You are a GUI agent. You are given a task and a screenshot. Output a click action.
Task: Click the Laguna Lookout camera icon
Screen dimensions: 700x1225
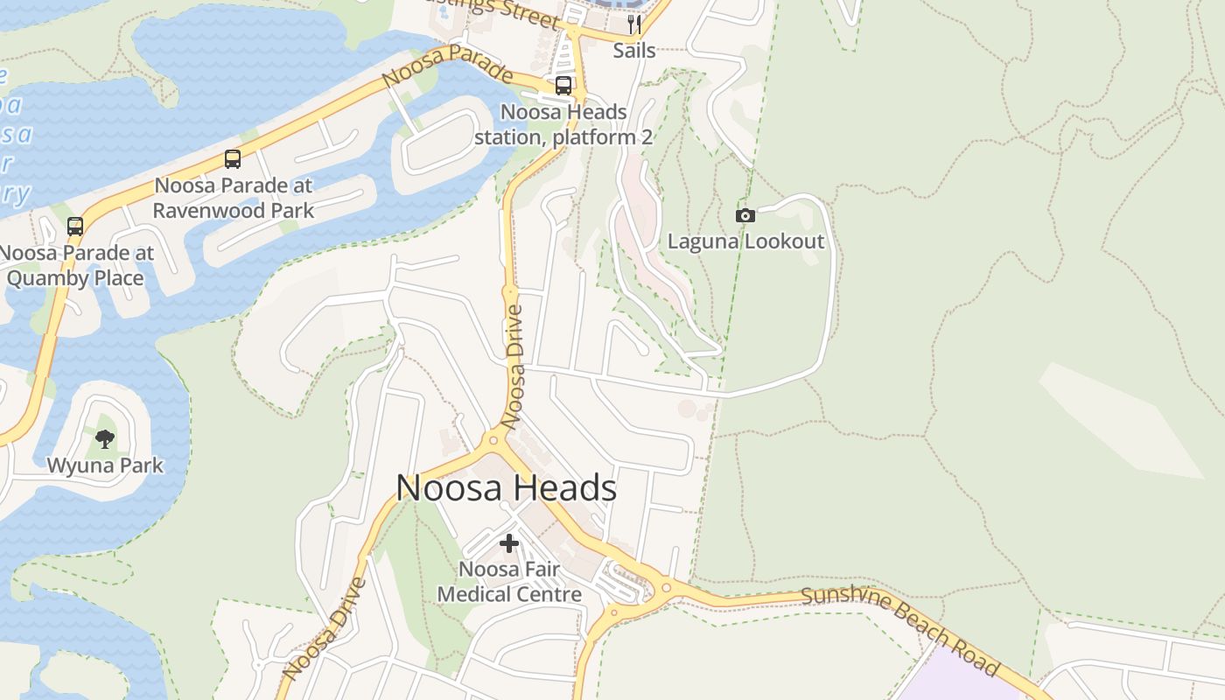coord(745,215)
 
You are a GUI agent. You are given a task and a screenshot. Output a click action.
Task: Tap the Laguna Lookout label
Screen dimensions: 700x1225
coord(745,241)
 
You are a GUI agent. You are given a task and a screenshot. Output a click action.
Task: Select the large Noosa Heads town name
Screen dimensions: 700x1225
coord(507,487)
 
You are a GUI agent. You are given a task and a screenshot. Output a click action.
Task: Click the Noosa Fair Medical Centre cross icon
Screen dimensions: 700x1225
coord(509,543)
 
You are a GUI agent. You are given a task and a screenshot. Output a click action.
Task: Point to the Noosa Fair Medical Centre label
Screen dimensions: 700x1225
coord(509,582)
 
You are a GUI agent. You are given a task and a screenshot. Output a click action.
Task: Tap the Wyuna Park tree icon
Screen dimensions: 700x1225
coord(105,438)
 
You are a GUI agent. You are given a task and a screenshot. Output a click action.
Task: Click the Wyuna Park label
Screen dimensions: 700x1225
coord(105,465)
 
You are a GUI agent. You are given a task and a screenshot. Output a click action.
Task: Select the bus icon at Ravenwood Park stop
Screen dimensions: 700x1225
coord(233,159)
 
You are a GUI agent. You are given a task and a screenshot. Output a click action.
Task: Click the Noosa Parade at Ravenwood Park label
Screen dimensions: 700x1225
coord(233,198)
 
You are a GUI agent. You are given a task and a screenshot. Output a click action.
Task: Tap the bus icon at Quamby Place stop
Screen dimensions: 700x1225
coord(75,227)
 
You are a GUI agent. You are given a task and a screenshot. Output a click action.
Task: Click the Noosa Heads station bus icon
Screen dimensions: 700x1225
coord(563,86)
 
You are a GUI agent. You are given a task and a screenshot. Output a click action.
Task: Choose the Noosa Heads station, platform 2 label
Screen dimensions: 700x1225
coord(563,125)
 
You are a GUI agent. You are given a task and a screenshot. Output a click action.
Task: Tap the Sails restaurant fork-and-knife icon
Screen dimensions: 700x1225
coord(634,24)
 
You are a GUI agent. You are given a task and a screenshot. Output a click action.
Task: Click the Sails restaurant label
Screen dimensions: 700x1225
coord(634,50)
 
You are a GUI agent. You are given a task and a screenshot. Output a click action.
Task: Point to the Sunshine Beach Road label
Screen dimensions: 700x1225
coord(900,630)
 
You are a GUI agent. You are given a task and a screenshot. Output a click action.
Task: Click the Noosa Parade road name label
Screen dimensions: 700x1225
coord(447,66)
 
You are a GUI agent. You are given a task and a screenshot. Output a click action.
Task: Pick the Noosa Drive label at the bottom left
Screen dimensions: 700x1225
coord(325,628)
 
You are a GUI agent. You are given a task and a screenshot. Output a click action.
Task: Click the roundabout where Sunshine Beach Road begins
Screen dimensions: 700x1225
coord(666,587)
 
